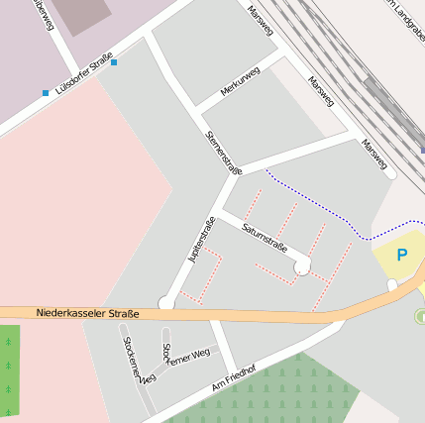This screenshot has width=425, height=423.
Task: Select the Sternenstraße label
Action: [222, 152]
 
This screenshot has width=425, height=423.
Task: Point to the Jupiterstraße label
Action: [201, 239]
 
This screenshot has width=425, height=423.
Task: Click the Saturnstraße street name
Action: [265, 237]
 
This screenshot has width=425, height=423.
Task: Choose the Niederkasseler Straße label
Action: [88, 314]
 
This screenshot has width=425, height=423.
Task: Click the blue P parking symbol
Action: [402, 255]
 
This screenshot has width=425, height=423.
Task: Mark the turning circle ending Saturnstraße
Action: [302, 264]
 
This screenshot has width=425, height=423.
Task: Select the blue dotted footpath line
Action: [317, 204]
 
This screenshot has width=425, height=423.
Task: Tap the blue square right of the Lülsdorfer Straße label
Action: [115, 62]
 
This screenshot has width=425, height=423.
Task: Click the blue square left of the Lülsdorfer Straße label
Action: [46, 93]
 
